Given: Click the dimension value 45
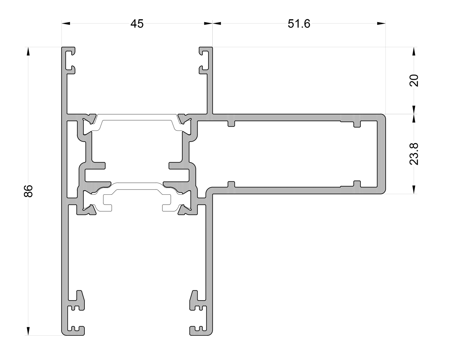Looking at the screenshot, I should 137,24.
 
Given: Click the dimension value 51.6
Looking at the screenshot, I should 299,24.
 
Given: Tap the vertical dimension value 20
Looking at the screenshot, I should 414,81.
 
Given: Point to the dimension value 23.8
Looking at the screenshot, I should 414,154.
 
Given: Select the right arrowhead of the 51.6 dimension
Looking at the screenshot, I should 381,24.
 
